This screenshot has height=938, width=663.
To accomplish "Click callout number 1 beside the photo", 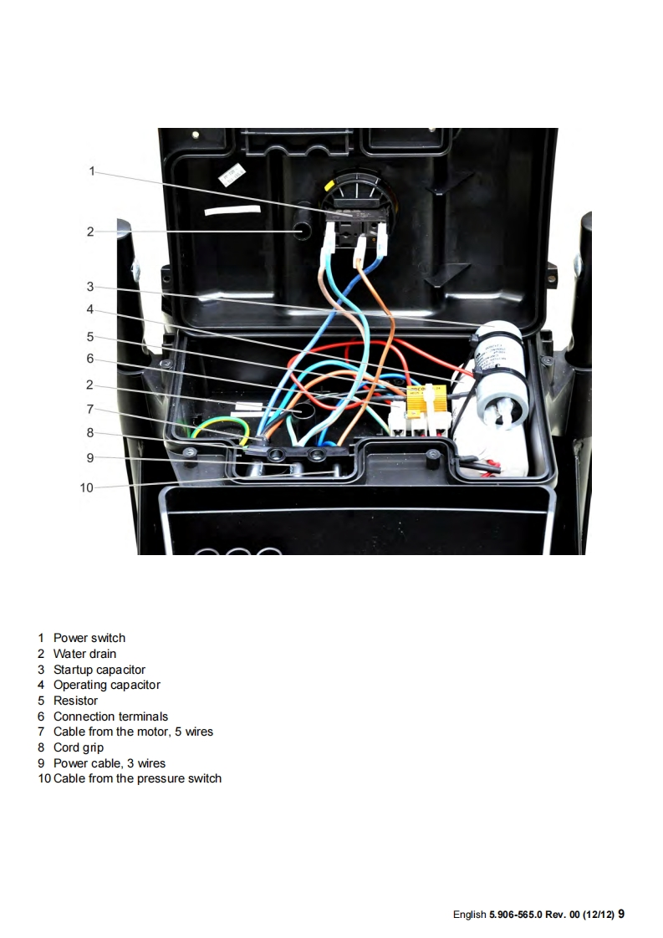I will (92, 171).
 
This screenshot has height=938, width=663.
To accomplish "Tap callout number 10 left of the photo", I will (87, 487).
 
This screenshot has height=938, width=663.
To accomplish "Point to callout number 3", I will (90, 287).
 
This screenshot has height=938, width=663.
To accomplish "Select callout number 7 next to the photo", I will (90, 409).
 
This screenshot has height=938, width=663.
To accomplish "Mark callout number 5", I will (90, 337).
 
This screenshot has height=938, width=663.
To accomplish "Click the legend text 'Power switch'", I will (89, 638).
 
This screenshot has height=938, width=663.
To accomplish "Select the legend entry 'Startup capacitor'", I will (99, 670).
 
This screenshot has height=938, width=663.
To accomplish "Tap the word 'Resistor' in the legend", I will (75, 701).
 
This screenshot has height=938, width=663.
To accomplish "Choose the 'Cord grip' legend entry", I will (79, 747).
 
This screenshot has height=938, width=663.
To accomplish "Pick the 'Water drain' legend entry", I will (84, 654).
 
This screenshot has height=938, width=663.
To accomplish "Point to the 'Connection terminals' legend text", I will (110, 716).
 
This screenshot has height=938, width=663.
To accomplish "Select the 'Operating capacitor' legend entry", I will (107, 685).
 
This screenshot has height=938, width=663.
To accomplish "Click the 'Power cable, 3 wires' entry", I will (110, 763).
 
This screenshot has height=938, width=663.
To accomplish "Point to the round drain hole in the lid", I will (301, 231).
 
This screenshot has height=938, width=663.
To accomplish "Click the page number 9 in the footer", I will (621, 914).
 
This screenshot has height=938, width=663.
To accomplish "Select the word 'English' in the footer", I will (470, 915).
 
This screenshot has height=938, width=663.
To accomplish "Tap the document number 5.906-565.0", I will (515, 915).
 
